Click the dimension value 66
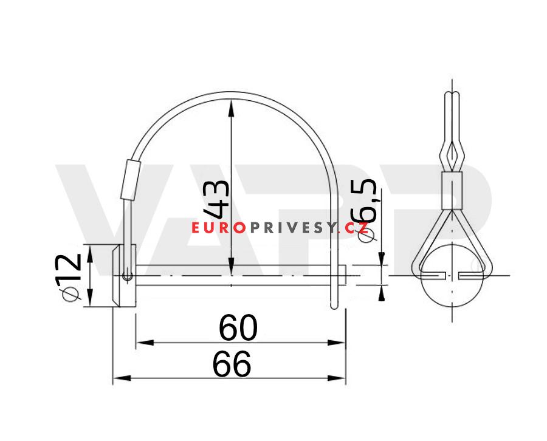(232, 364)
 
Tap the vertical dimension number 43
(218, 199)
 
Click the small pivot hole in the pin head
(126, 277)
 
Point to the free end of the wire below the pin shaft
(333, 306)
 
